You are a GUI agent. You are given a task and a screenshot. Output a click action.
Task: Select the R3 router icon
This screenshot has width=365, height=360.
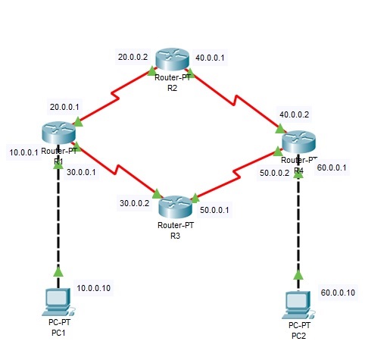(174, 205)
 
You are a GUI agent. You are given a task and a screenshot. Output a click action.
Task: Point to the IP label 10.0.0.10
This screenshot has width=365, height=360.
(94, 289)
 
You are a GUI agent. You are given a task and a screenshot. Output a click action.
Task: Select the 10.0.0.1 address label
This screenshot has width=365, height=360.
(23, 152)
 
